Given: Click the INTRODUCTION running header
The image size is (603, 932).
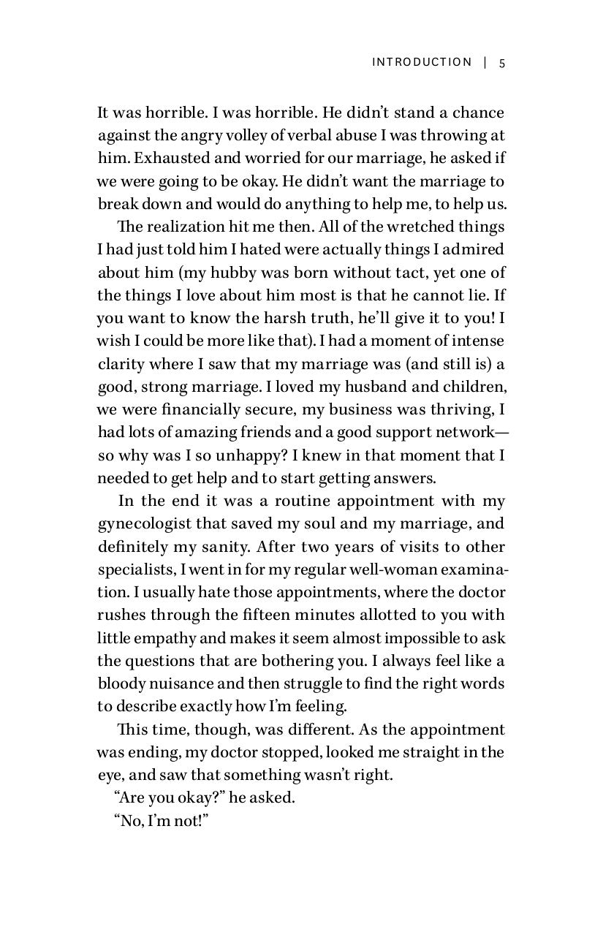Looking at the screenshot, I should [422, 62].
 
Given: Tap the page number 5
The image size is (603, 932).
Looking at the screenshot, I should [502, 62].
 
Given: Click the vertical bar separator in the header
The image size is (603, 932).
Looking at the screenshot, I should [485, 62].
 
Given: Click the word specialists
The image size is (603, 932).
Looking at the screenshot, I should [130, 569].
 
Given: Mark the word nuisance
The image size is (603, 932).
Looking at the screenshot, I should [175, 684].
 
